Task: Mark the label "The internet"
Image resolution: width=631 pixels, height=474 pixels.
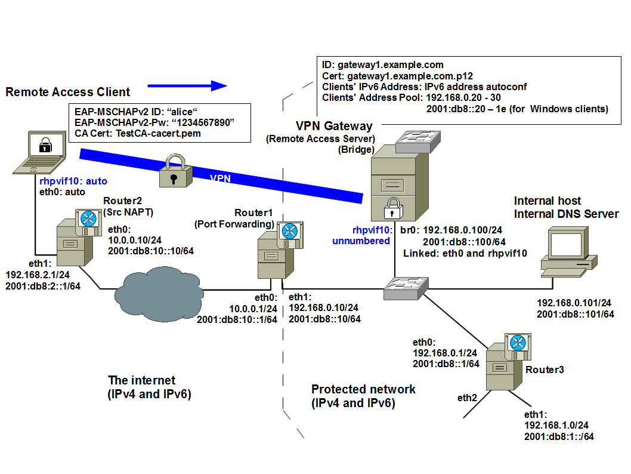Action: pyautogui.click(x=142, y=380)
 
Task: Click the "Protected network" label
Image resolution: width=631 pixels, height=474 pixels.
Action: pyautogui.click(x=363, y=389)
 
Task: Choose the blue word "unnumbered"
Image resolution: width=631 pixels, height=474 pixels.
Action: pyautogui.click(x=361, y=241)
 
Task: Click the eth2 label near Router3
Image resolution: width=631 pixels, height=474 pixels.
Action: pyautogui.click(x=468, y=398)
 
